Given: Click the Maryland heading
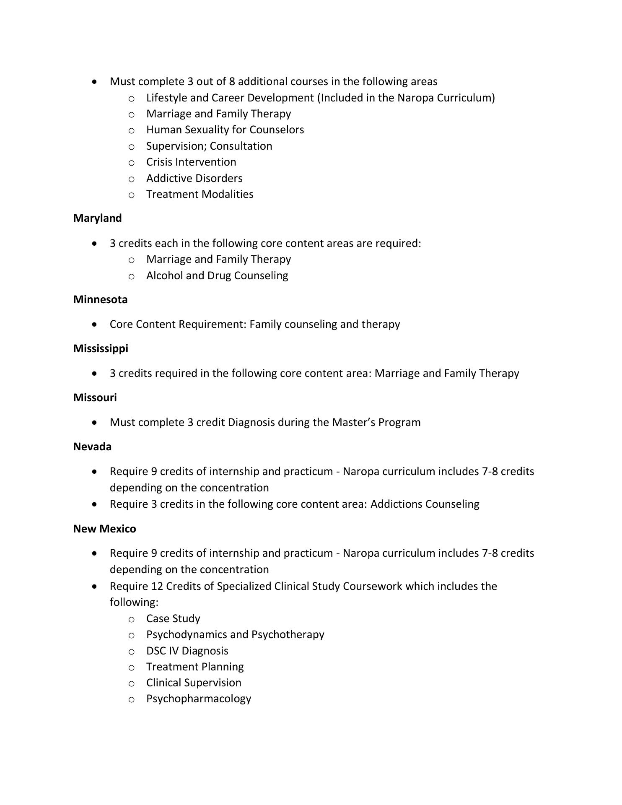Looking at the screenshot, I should [97, 218].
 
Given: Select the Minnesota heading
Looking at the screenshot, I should [100, 299].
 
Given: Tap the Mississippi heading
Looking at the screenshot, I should [101, 348].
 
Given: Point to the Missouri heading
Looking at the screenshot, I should [95, 397].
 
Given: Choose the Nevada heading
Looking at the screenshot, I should [92, 447].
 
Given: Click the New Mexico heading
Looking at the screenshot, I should [104, 529].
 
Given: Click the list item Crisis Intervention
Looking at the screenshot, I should [191, 162].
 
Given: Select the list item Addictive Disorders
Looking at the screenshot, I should [194, 178].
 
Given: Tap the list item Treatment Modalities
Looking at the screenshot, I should [200, 194].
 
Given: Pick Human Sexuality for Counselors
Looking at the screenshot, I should [225, 130].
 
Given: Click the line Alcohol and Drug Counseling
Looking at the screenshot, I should [217, 275].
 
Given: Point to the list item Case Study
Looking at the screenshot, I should [173, 618].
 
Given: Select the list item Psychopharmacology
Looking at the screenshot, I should [199, 699].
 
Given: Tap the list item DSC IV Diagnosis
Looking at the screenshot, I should [187, 651].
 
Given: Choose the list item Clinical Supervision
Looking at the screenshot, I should [194, 683].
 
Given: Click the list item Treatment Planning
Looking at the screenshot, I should [195, 667].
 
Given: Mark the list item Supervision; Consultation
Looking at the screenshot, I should [209, 146].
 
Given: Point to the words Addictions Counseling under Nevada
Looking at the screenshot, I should [425, 504].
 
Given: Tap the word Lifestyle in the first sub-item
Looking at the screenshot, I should [166, 98].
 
